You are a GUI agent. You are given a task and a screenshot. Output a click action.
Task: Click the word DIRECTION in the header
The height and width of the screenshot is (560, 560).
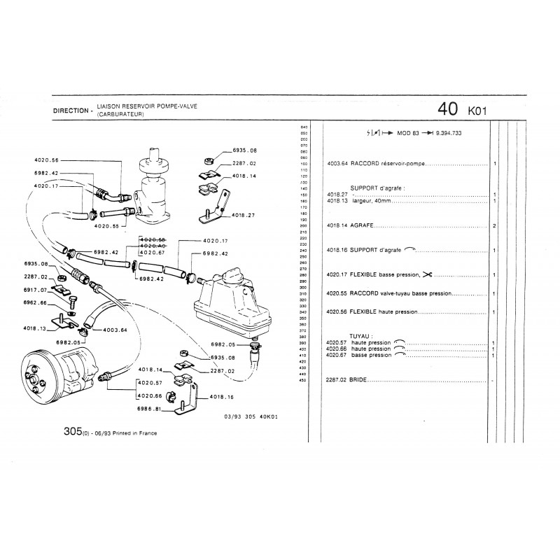[x=71, y=111]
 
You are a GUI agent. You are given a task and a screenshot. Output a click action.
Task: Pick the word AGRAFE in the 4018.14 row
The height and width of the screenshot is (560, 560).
[x=362, y=226]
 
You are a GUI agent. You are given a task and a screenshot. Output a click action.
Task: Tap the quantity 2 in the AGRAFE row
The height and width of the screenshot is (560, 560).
[x=494, y=226]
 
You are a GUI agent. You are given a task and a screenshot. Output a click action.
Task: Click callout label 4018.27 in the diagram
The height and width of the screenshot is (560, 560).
[x=244, y=215]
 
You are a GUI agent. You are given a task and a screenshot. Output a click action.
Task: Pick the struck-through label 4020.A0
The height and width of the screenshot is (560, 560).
[x=152, y=246]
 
